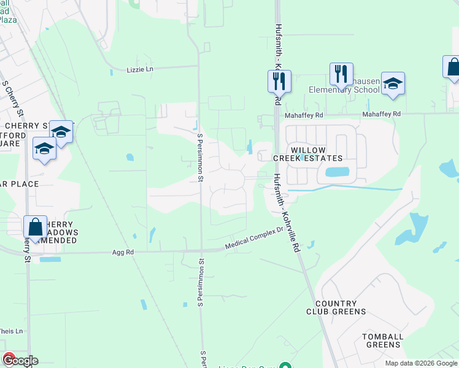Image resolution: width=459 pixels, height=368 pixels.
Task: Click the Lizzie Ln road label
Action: (140, 69)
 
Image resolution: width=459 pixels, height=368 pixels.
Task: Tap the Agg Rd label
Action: (123, 251)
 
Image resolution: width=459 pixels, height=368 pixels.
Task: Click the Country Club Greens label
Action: (340, 307)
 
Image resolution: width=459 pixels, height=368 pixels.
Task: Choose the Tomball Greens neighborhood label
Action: (383, 340)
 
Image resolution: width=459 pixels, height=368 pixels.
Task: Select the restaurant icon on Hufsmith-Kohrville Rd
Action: (279, 80)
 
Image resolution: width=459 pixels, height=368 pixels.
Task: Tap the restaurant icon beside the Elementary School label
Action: (341, 73)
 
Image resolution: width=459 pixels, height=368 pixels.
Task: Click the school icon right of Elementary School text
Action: (393, 83)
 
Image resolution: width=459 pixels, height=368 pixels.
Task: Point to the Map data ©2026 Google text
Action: (421, 363)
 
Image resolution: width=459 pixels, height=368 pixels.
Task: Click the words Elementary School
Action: (344, 90)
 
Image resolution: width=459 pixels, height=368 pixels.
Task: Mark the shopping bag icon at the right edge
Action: (453, 66)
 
